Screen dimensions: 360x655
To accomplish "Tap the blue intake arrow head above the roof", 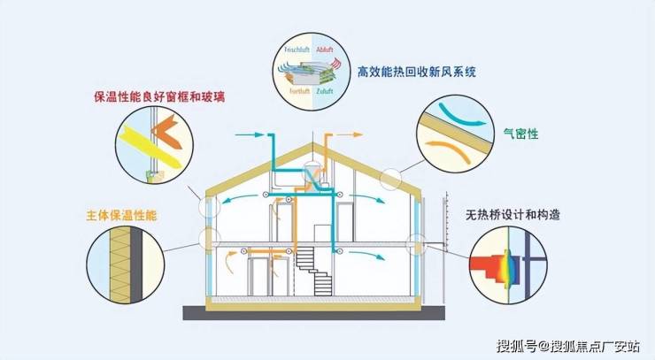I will pos(262,135).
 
